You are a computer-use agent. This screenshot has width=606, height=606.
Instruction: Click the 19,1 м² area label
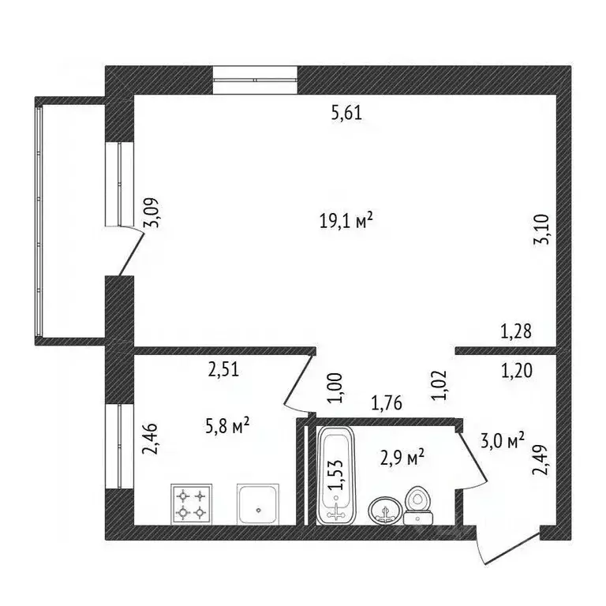coord(346,221)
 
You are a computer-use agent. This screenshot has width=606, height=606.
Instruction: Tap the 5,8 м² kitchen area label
coord(227,426)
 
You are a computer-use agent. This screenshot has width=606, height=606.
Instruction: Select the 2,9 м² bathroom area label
coord(402,458)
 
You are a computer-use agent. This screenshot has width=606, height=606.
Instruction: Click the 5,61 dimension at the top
coord(346,114)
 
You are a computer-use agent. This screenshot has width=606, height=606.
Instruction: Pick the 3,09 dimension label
coord(151,212)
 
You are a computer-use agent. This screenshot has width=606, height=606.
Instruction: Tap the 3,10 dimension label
coord(541,229)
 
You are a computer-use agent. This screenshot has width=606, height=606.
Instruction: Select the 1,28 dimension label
coord(516,331)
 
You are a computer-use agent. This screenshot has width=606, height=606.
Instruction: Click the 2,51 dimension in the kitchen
coord(224,369)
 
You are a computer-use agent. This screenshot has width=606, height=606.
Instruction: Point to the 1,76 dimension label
coord(387,402)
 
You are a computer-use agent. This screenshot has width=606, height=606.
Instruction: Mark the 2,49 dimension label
coord(540,460)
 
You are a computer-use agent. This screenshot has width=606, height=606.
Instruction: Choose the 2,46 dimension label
coord(150,439)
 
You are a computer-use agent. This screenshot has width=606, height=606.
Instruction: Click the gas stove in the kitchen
coord(191,504)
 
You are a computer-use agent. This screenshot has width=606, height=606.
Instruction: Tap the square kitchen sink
coord(258,504)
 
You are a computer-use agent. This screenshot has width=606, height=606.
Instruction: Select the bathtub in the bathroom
coord(336,475)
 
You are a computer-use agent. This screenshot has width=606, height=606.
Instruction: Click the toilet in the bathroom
coord(417,505)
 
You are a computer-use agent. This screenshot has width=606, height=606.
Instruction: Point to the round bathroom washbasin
coord(385,511)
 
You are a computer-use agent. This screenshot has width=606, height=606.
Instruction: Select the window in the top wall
coord(255,80)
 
